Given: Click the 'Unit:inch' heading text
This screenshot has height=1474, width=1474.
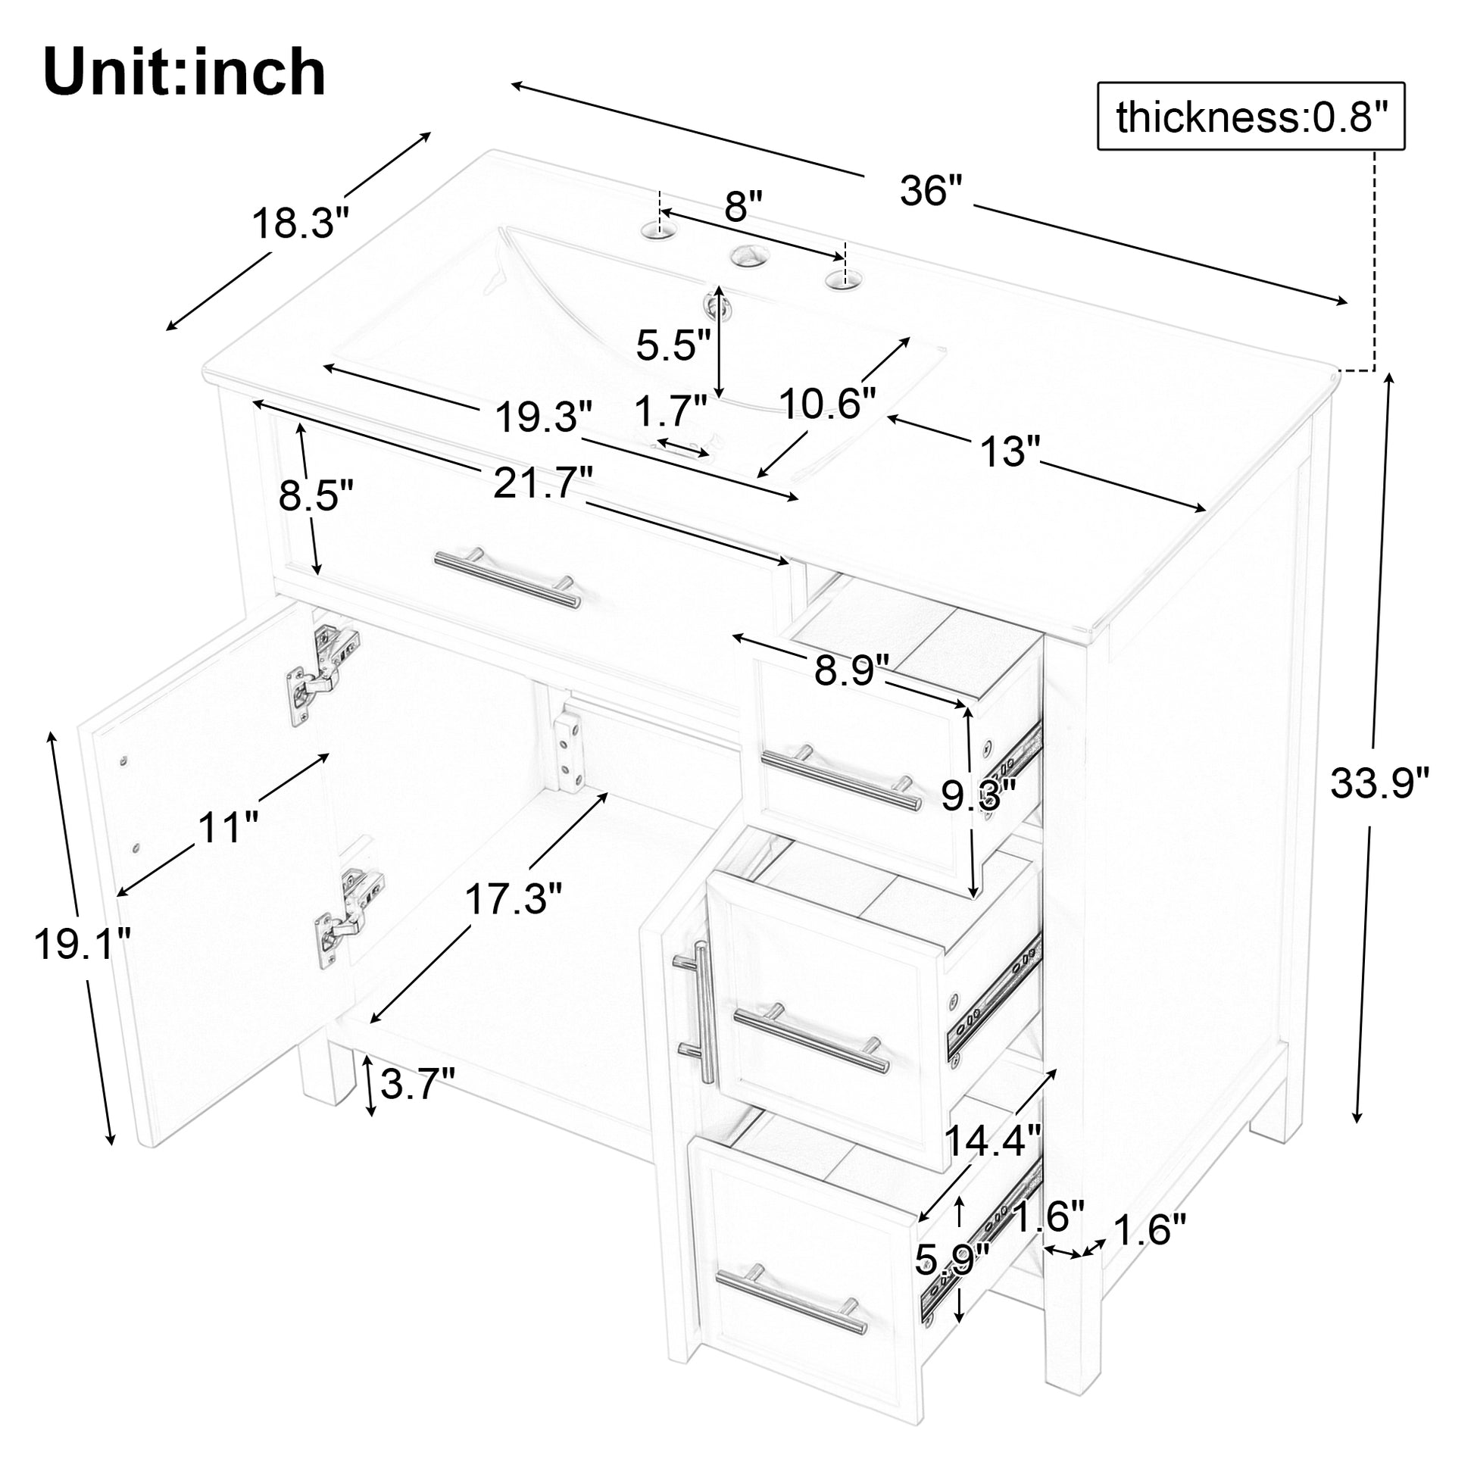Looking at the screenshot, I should (x=185, y=73).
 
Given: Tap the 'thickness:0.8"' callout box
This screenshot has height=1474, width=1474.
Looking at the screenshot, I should (x=1250, y=117).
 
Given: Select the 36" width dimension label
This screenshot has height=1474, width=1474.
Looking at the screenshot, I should (x=932, y=191).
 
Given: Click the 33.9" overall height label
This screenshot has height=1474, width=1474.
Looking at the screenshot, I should (x=1379, y=783).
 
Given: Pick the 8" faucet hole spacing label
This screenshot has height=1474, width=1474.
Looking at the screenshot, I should (x=743, y=207).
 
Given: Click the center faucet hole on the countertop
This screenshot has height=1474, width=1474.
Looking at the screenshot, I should (x=750, y=255).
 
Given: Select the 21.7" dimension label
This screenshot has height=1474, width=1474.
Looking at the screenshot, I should (x=542, y=483).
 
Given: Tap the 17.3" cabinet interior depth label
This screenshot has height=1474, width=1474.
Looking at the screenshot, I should (x=514, y=900).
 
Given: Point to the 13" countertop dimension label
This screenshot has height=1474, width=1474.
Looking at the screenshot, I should (x=1010, y=452).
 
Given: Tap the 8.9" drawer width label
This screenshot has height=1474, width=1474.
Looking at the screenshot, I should (x=851, y=670).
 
